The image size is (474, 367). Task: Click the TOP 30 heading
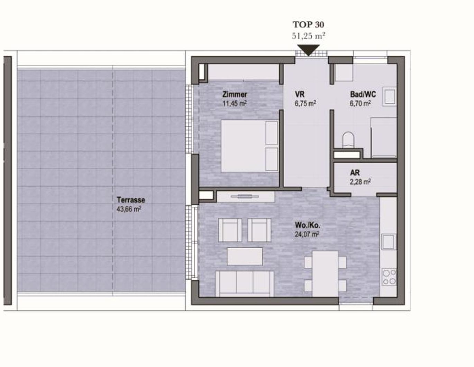[x=308, y=25]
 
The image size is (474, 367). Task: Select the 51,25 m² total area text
[x=308, y=36]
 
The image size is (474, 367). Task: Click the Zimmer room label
[x=235, y=94]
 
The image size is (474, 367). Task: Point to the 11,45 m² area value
[x=235, y=103]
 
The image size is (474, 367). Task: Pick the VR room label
[x=300, y=94]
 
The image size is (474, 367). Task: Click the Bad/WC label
[x=363, y=94]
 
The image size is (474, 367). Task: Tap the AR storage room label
[x=355, y=172]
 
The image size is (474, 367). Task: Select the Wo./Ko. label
[x=307, y=225]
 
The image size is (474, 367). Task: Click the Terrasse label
[x=131, y=200]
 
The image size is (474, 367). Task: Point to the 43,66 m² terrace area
[x=129, y=209]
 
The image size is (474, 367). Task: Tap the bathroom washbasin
[x=390, y=97]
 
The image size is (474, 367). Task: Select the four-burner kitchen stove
[x=389, y=277]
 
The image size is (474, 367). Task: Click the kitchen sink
[x=388, y=242]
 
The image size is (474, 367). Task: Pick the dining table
[x=325, y=274]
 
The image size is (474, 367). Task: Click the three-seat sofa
[x=245, y=284]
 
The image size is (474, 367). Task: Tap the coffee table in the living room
[x=245, y=256]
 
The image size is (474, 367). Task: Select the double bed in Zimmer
[x=249, y=146]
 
